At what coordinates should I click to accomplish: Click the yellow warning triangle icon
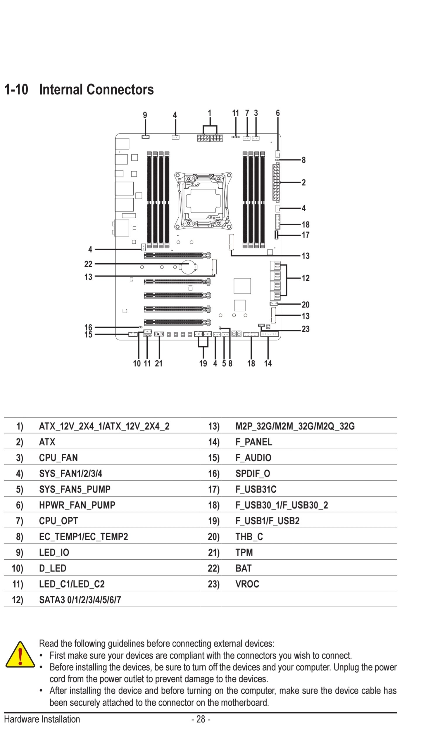point(20,655)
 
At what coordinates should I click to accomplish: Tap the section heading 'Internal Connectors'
point(96,89)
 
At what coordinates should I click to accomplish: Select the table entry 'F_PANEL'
point(254,442)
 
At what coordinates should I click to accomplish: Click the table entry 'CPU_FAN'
point(58,458)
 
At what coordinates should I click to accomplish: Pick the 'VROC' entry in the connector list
point(247,584)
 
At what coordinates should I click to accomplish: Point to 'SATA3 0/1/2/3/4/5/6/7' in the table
point(80,600)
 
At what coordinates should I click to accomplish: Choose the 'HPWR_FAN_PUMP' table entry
point(77,505)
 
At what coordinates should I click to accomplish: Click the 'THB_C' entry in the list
point(249,537)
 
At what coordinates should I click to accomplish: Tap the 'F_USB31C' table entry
point(256,489)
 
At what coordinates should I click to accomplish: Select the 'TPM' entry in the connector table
point(244,552)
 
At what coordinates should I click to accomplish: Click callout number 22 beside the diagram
point(88,264)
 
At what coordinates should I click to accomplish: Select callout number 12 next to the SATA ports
point(306,278)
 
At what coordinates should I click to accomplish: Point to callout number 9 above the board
point(145,115)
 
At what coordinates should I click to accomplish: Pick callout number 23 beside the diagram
point(306,329)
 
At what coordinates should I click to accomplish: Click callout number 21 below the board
point(158,363)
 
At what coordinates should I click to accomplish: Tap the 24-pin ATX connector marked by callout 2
point(276,183)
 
